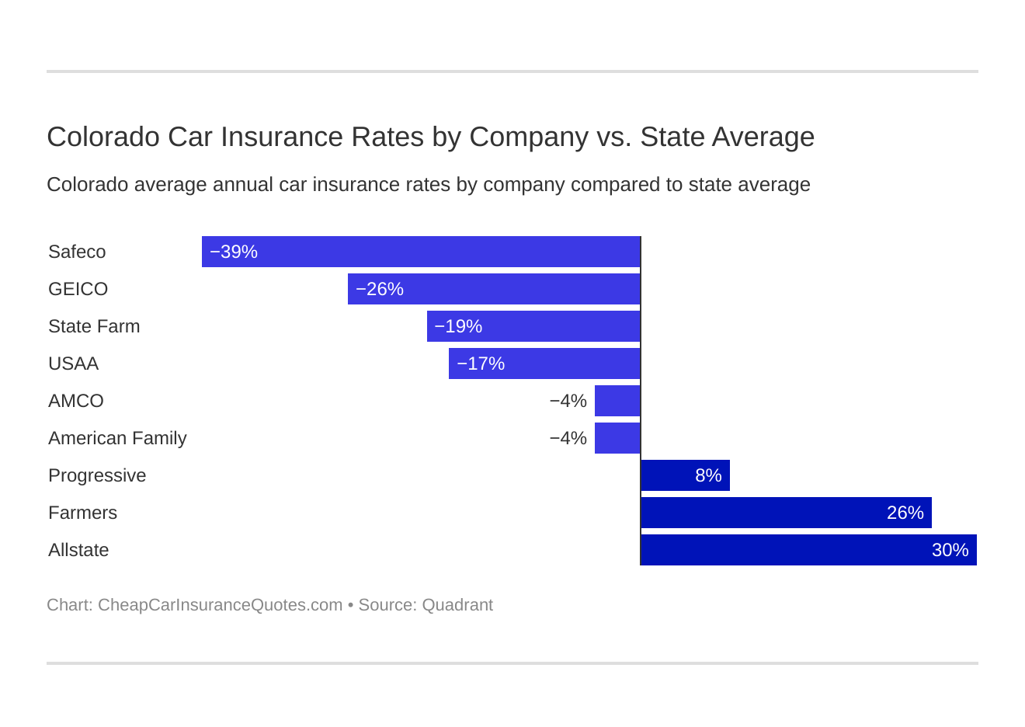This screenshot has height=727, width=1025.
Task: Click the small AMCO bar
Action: click(x=617, y=401)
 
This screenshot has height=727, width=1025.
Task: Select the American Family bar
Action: click(x=617, y=438)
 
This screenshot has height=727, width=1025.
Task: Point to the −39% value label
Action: click(x=234, y=252)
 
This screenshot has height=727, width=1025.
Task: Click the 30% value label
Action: click(x=950, y=550)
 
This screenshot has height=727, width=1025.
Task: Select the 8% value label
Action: click(x=708, y=475)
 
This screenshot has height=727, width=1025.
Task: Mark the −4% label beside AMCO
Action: click(x=568, y=401)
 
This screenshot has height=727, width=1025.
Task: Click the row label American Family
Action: click(x=117, y=438)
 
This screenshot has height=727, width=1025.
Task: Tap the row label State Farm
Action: click(x=94, y=326)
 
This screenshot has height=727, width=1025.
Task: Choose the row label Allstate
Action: click(x=78, y=550)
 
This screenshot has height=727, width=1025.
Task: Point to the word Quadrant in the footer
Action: click(x=457, y=605)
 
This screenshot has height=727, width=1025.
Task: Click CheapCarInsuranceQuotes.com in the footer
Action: click(x=220, y=605)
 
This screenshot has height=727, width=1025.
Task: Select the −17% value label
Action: click(x=481, y=363)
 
